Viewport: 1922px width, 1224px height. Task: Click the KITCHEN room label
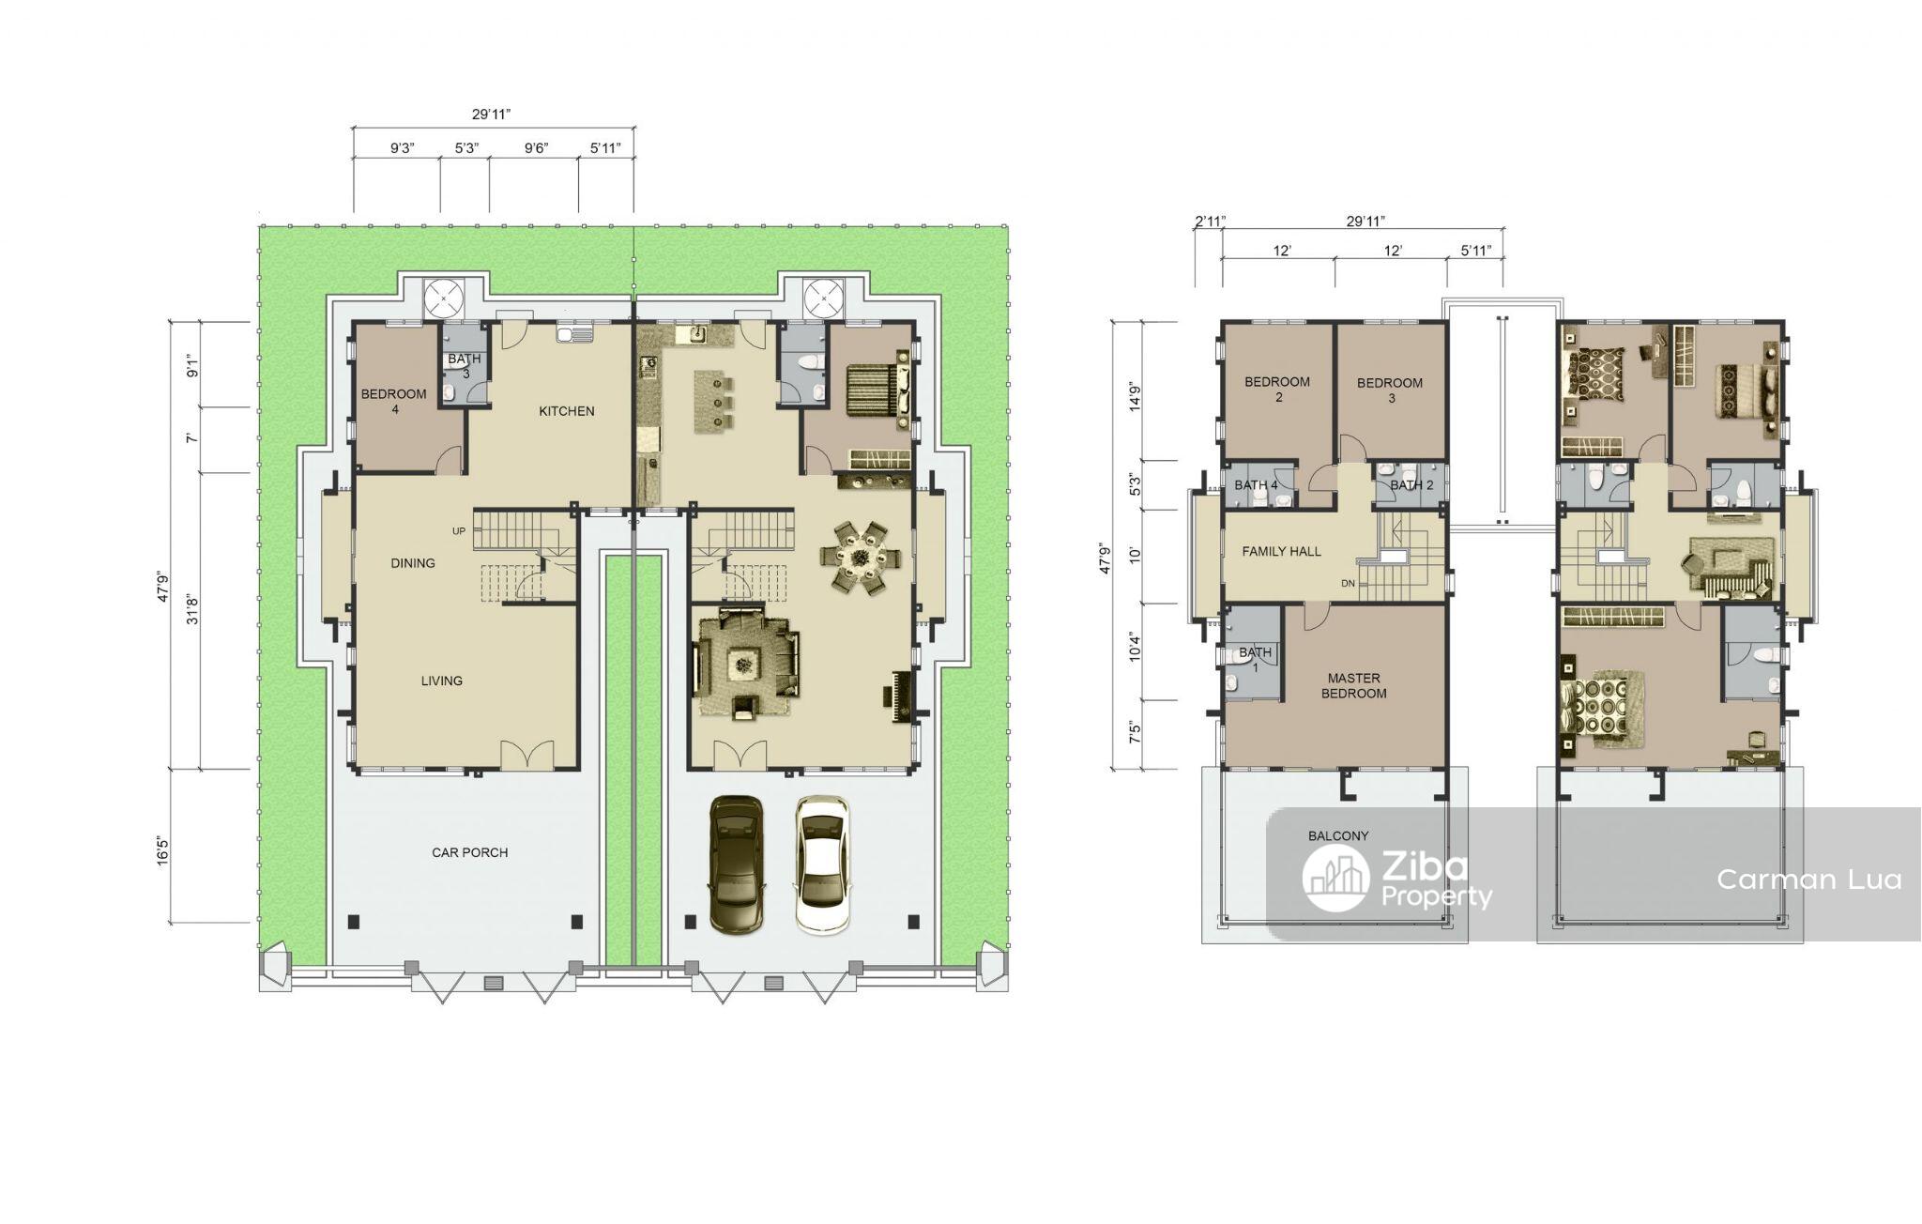point(566,411)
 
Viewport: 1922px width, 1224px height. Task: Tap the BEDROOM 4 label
point(394,401)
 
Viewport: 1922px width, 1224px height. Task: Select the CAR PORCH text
point(469,853)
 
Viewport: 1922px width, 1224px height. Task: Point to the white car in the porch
point(823,864)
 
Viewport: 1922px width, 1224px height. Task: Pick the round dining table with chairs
point(861,558)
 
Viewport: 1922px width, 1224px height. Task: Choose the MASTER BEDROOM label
point(1354,685)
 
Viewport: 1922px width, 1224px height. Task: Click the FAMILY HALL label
point(1281,552)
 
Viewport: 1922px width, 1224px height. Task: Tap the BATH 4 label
point(1256,485)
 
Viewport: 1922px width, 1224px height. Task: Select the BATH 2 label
point(1411,485)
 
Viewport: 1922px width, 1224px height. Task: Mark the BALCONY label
point(1338,835)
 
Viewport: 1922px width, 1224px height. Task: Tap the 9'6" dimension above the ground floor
point(536,148)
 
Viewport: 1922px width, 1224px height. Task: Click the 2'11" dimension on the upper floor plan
point(1210,222)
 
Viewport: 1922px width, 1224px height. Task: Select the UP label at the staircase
point(459,531)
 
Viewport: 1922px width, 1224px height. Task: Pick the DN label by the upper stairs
point(1348,584)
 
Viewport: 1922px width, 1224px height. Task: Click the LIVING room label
point(441,681)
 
